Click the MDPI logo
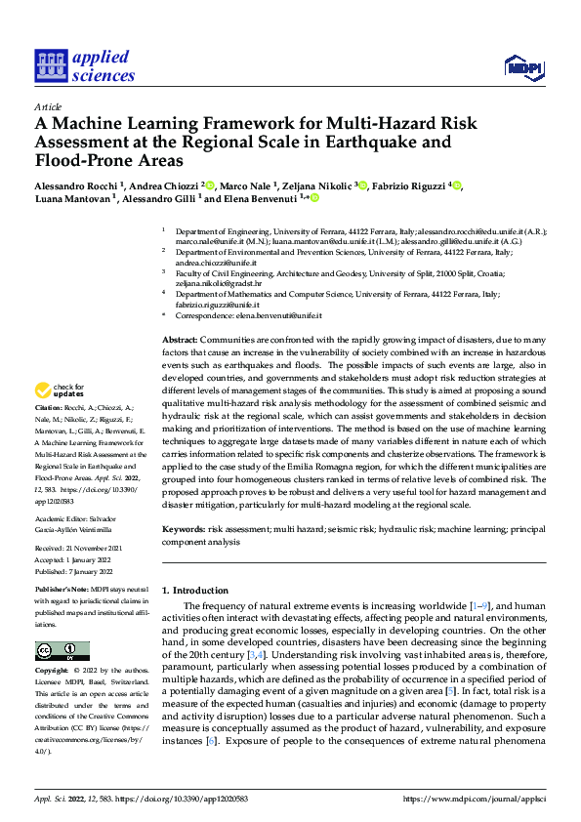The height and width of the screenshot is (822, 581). [521, 66]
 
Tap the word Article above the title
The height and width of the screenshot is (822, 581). [48, 106]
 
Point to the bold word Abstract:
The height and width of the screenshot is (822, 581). [183, 337]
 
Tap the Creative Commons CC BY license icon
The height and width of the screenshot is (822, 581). [62, 651]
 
